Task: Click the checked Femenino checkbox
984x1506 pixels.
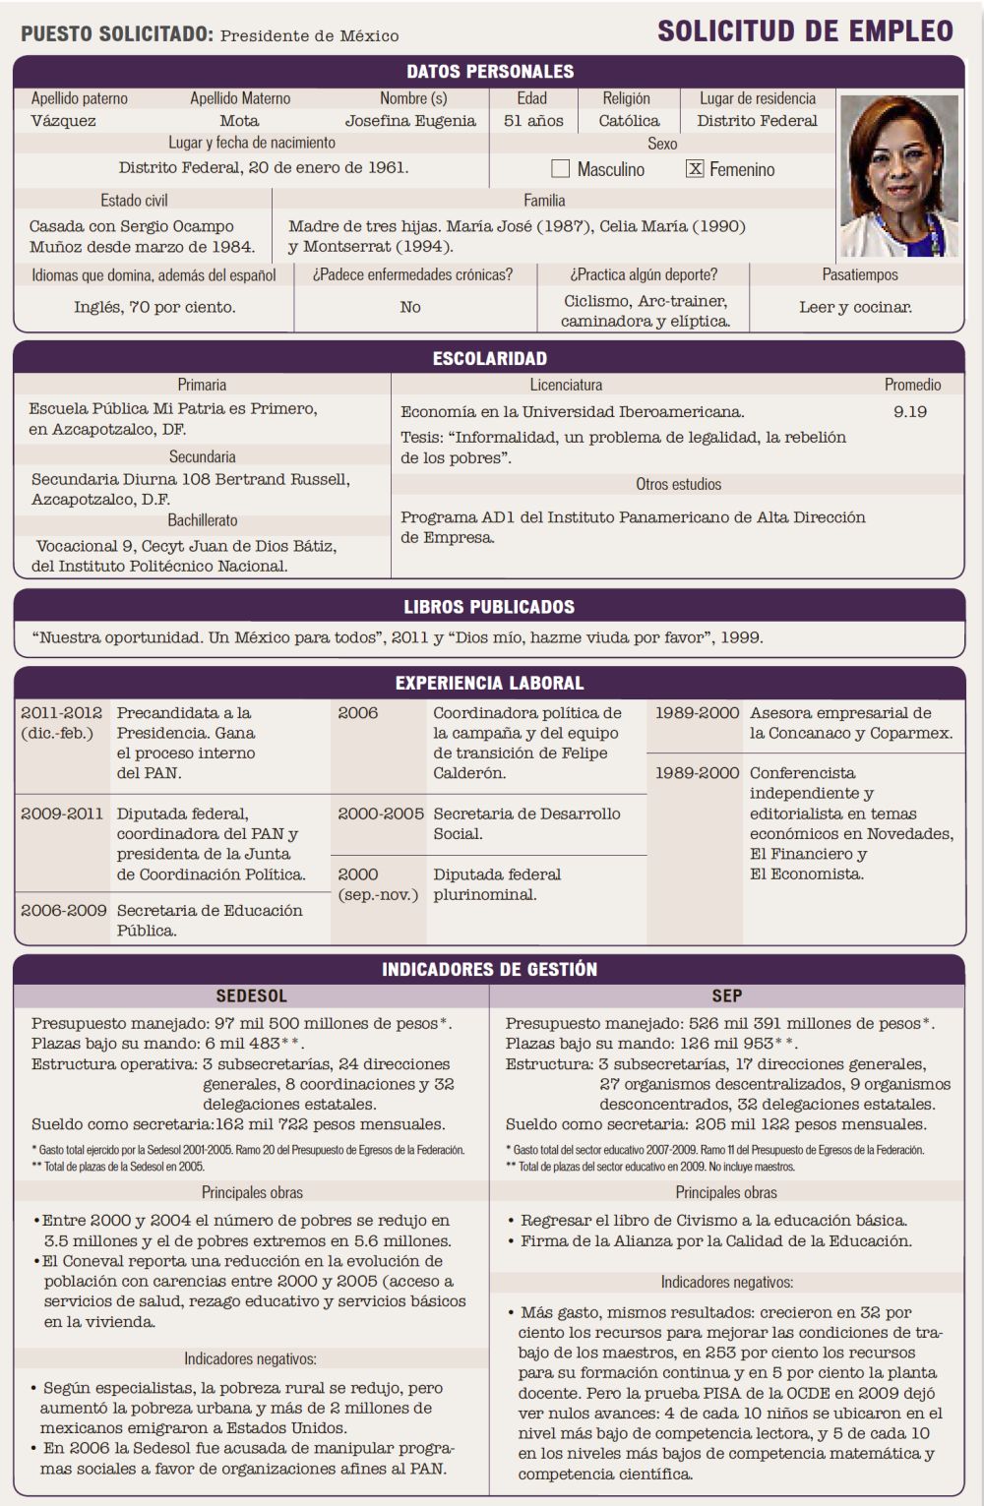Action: (695, 168)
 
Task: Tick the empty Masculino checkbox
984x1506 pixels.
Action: (561, 168)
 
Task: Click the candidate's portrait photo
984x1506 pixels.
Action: (899, 175)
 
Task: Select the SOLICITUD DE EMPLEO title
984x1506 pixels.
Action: (805, 31)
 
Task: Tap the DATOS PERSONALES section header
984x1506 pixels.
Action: (490, 71)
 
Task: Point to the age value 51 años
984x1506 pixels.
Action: (533, 121)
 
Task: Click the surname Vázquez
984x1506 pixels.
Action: (63, 121)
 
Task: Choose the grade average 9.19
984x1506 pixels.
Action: (910, 411)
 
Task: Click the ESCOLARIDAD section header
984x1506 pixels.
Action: (490, 358)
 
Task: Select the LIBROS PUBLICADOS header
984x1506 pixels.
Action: (490, 607)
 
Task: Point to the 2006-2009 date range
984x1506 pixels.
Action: (64, 910)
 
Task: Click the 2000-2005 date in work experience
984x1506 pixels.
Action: (381, 813)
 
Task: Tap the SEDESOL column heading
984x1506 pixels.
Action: (252, 995)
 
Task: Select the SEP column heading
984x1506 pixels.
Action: (726, 995)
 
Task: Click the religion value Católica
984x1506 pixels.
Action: (629, 121)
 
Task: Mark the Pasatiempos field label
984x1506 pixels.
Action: (860, 274)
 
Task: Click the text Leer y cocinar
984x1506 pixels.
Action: (855, 307)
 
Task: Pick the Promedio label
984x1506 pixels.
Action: (912, 385)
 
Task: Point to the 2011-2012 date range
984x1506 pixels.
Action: (61, 713)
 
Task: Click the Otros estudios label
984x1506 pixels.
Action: (678, 484)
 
